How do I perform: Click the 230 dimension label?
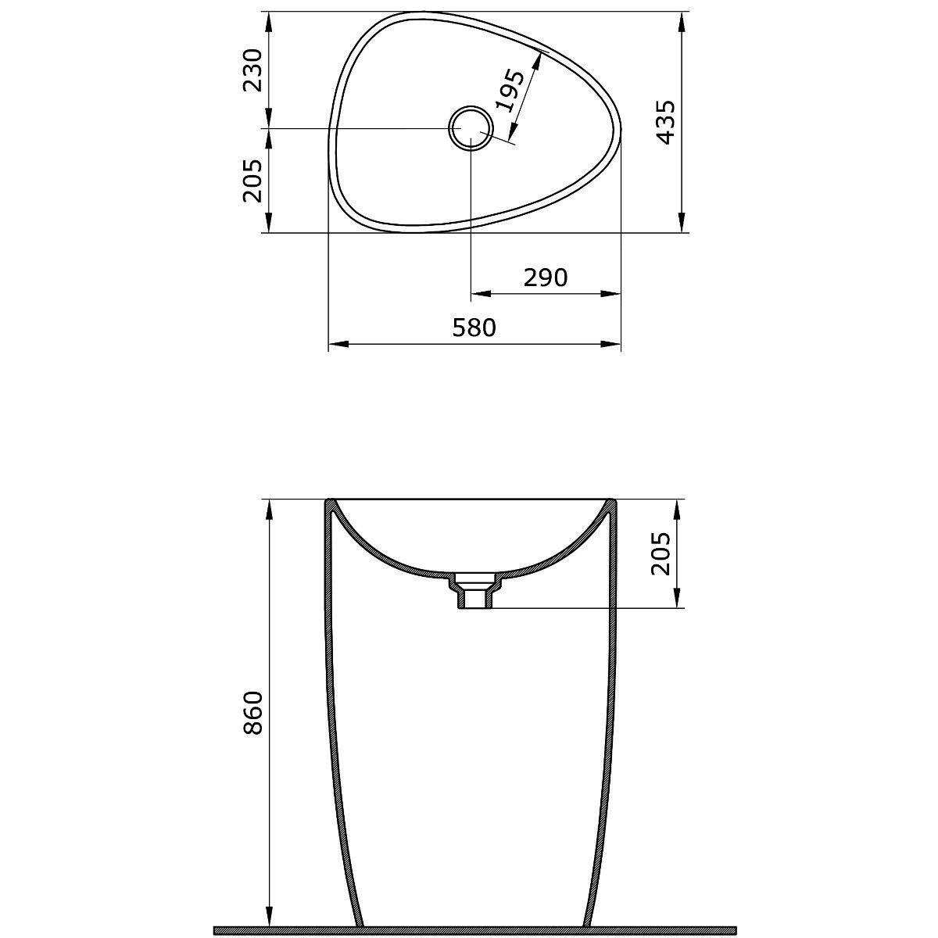coord(252,70)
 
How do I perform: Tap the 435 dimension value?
coord(665,122)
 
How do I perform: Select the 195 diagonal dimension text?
coord(509,91)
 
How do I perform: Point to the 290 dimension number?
coord(546,278)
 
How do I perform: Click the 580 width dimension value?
coord(474,328)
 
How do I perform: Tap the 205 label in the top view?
coord(252,180)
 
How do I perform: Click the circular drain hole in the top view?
coord(471,128)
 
